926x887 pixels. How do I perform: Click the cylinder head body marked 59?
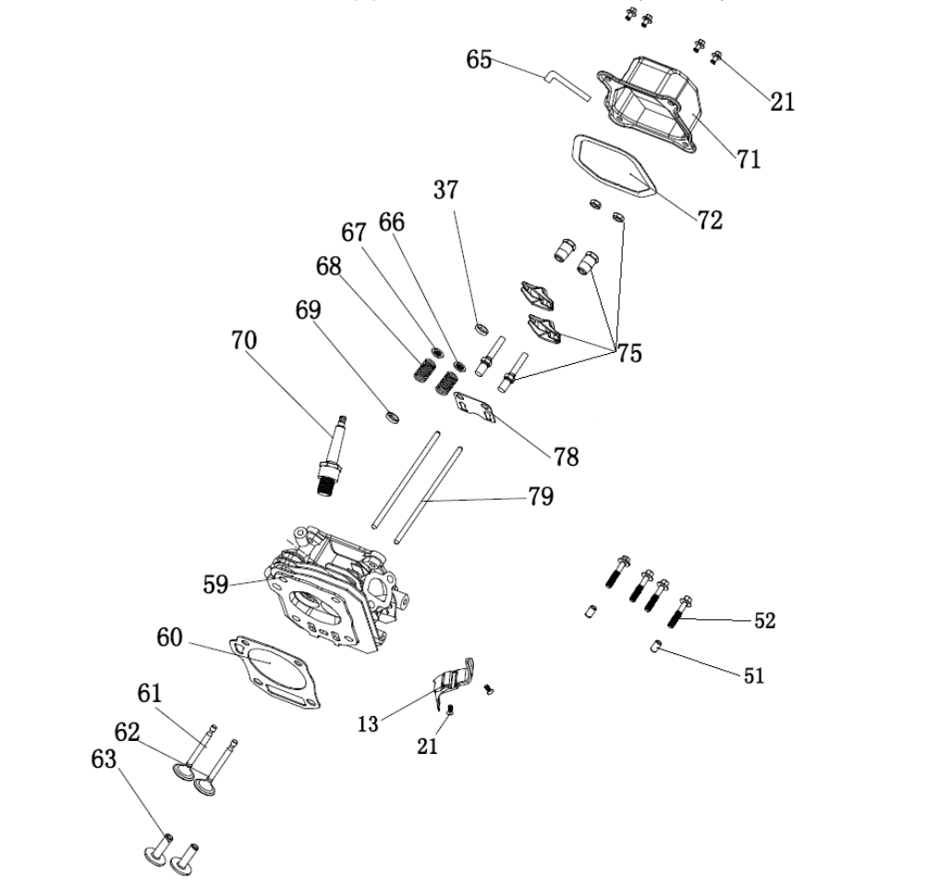[333, 591]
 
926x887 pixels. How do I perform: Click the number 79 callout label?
[541, 497]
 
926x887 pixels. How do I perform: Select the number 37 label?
[445, 190]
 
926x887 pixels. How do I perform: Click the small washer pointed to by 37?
[481, 328]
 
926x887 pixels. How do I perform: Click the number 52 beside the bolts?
[764, 620]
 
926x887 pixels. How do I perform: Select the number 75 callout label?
[629, 354]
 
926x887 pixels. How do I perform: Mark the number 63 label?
[104, 759]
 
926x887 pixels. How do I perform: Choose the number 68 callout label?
[328, 266]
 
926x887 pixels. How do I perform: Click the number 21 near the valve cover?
[783, 102]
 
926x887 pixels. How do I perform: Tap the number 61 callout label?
[150, 691]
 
